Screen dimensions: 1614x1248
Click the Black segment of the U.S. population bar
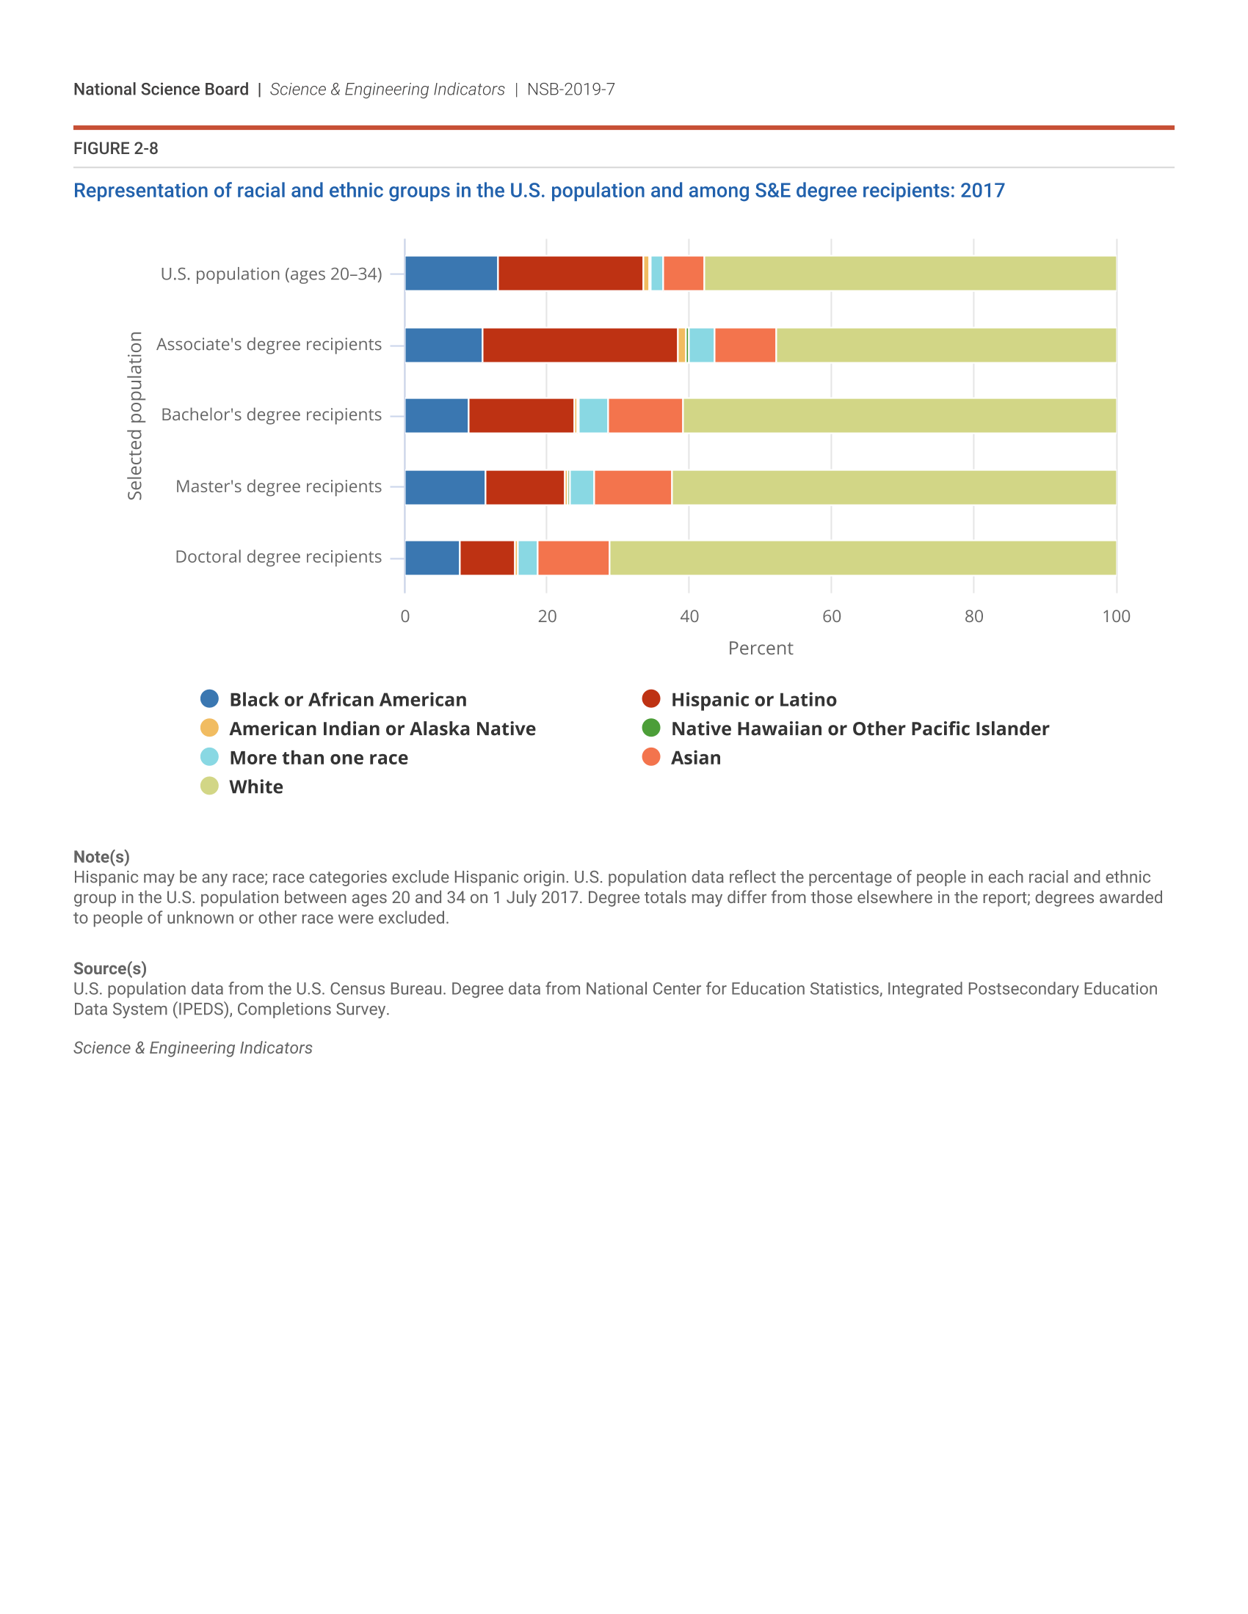pyautogui.click(x=451, y=274)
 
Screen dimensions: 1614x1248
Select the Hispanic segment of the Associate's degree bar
pyautogui.click(x=580, y=345)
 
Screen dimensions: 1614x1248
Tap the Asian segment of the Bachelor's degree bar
pyautogui.click(x=645, y=415)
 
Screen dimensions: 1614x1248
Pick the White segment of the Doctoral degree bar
pyautogui.click(x=862, y=558)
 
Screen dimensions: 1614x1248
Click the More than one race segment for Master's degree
pyautogui.click(x=582, y=488)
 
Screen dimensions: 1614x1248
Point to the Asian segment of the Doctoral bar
pyautogui.click(x=574, y=558)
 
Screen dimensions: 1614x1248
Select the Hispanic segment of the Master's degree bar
pyautogui.click(x=525, y=488)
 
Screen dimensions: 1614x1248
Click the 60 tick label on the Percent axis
pyautogui.click(x=831, y=616)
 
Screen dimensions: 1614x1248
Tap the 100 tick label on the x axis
pyautogui.click(x=1116, y=616)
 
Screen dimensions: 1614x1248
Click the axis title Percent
pyautogui.click(x=760, y=648)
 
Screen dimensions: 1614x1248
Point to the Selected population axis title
pyautogui.click(x=134, y=415)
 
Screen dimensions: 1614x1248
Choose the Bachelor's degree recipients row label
pyautogui.click(x=272, y=415)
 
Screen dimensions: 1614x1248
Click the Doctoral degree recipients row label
pyautogui.click(x=278, y=557)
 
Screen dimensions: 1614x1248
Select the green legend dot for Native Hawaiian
pyautogui.click(x=650, y=728)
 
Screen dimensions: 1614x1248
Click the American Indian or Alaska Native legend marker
pyautogui.click(x=209, y=728)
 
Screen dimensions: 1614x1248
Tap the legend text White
pyautogui.click(x=255, y=786)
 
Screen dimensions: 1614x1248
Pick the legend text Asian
pyautogui.click(x=695, y=758)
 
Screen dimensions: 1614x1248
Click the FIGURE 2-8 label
pyautogui.click(x=115, y=148)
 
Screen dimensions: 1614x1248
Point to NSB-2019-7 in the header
pyautogui.click(x=570, y=90)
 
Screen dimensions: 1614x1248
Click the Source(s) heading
pyautogui.click(x=109, y=968)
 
